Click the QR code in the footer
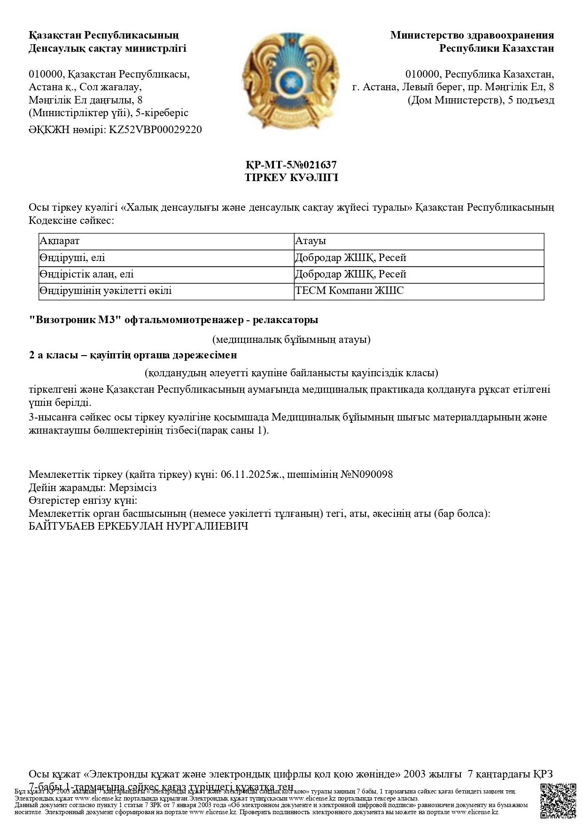558,801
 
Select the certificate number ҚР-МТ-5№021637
291,165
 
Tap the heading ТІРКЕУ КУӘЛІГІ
291,178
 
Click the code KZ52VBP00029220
155,130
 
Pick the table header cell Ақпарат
60,241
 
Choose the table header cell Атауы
310,241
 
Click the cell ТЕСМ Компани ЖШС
349,291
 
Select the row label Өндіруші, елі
73,258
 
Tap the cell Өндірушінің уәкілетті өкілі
106,291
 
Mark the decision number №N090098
370,474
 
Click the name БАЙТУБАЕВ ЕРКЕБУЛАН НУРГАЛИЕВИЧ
139,526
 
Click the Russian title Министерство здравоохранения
472,35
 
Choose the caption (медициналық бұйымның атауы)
291,340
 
